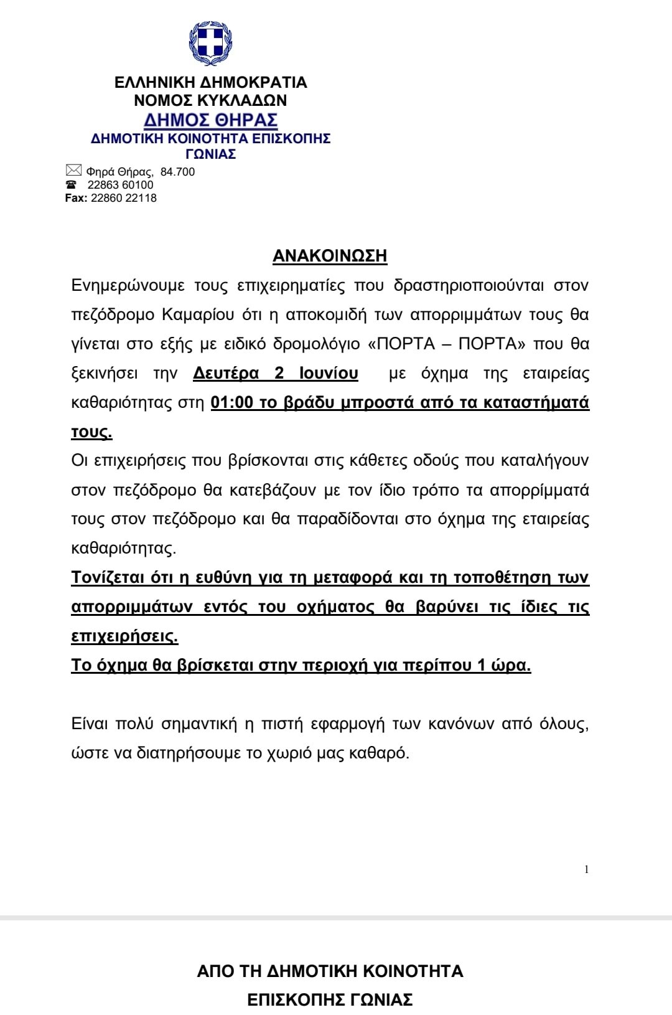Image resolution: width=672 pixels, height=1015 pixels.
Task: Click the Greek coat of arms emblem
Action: (x=210, y=43)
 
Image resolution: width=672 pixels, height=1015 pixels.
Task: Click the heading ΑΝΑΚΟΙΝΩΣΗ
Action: (x=330, y=256)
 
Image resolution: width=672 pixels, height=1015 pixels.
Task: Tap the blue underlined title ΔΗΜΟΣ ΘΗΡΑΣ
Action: (x=210, y=120)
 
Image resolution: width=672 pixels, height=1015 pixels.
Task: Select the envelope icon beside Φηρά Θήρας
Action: (x=73, y=170)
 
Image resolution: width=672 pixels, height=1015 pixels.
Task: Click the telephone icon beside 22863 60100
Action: (x=72, y=185)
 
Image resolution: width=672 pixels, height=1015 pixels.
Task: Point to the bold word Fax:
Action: (x=76, y=198)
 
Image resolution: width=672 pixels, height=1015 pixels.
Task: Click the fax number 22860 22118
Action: (x=124, y=198)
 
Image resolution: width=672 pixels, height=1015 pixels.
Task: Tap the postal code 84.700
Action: (x=177, y=172)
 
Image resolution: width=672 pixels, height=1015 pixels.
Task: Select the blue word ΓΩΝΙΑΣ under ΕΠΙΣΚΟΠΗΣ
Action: (x=210, y=154)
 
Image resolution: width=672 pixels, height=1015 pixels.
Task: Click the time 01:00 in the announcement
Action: (x=232, y=402)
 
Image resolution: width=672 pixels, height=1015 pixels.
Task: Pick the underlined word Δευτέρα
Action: (x=226, y=373)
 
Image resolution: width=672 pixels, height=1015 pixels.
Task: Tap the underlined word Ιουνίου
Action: (x=329, y=373)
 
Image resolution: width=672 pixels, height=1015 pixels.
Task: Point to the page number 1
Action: (x=586, y=869)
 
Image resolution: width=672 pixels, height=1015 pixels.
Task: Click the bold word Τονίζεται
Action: (x=108, y=578)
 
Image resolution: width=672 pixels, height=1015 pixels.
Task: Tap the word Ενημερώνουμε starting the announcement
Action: (x=128, y=285)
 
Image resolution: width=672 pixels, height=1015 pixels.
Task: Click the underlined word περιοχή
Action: (x=335, y=665)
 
